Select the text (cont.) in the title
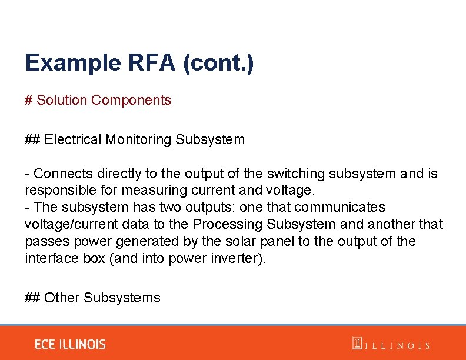(x=218, y=63)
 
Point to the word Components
(x=131, y=101)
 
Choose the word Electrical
(x=73, y=139)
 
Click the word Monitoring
(x=138, y=140)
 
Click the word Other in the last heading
(x=62, y=298)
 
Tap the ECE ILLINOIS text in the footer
(x=70, y=344)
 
